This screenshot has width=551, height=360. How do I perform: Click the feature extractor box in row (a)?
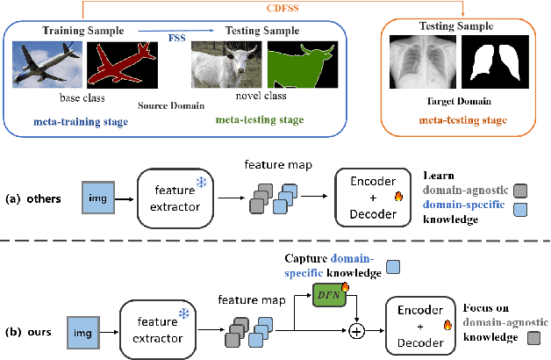pos(176,198)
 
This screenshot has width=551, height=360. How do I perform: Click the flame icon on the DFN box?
pos(344,284)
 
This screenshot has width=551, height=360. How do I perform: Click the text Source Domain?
pos(172,105)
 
